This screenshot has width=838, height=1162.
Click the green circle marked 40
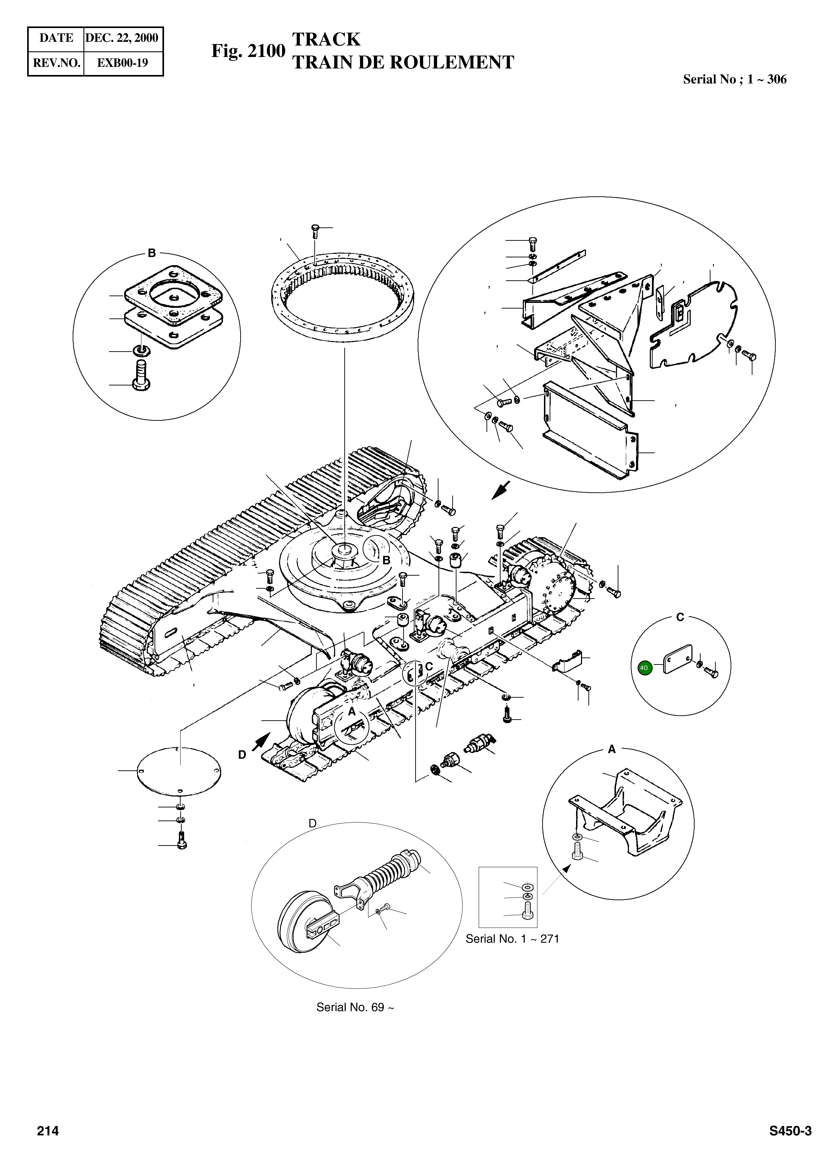point(644,668)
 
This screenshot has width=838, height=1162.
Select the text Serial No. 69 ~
point(355,1007)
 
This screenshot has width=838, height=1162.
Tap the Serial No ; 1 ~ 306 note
point(734,79)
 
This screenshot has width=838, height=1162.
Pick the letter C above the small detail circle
point(680,617)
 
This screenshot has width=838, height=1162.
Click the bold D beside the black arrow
point(242,755)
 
